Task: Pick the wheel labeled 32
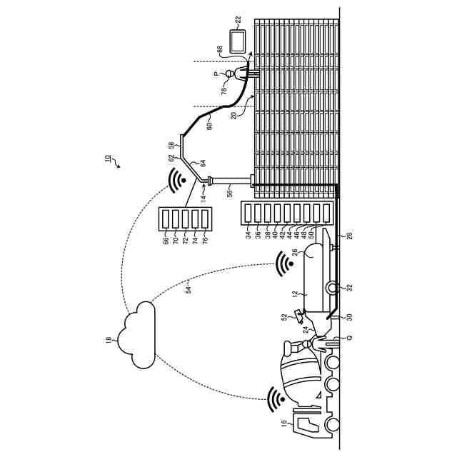[x=332, y=288]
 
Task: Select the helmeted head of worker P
[x=230, y=74]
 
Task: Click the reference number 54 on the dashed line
[x=188, y=288]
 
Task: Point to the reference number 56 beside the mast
[x=229, y=192]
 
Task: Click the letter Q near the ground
[x=348, y=337]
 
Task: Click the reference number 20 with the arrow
[x=233, y=116]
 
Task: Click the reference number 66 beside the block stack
[x=166, y=242]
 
